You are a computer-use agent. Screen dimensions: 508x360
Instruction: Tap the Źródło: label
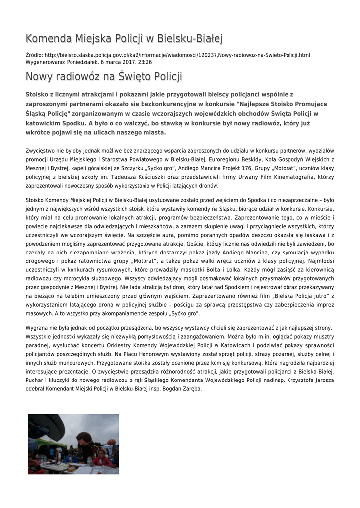click(34, 55)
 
